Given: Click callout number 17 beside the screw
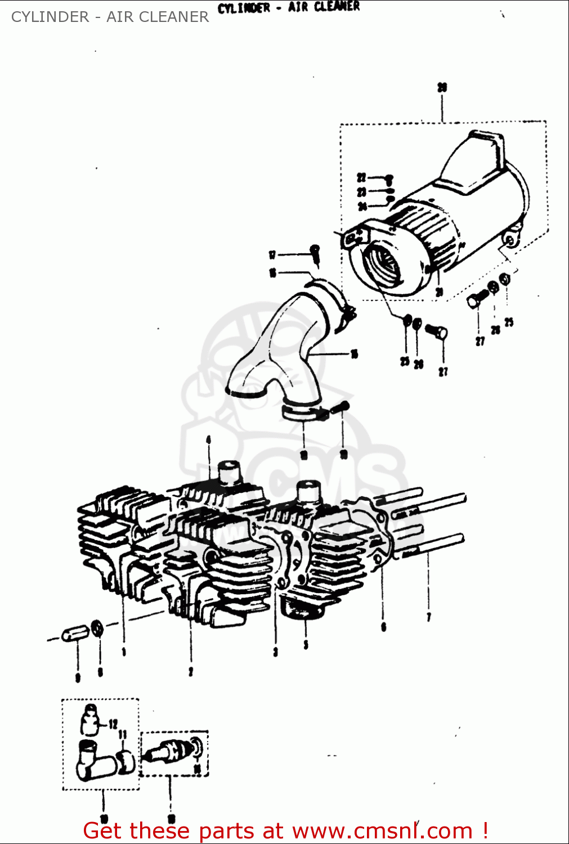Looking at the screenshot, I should click(x=272, y=255).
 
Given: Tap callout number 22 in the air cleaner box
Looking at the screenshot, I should click(x=361, y=178).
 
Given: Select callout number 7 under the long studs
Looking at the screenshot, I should click(x=429, y=617).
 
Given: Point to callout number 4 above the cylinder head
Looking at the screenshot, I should click(x=209, y=439).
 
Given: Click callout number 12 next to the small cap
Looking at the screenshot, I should click(x=113, y=724).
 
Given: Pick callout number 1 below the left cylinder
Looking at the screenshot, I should click(x=124, y=652).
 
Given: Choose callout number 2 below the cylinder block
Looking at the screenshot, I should click(x=191, y=671).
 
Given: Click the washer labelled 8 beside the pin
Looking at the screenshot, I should click(x=97, y=627).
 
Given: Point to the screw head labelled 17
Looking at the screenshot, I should click(x=316, y=249).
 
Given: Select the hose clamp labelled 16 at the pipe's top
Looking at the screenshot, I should click(x=332, y=295).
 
